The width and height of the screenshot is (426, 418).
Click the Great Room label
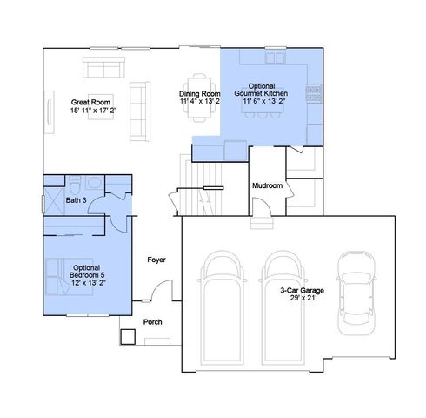coord(90,106)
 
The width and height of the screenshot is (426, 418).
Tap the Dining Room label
coord(200,98)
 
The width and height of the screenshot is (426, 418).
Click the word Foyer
coord(156,260)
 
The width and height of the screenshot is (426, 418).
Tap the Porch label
coord(152,321)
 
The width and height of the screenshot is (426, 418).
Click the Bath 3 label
coord(76,200)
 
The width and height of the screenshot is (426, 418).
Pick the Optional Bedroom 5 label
coord(89,275)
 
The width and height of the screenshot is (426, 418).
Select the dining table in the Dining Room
coord(201,80)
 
